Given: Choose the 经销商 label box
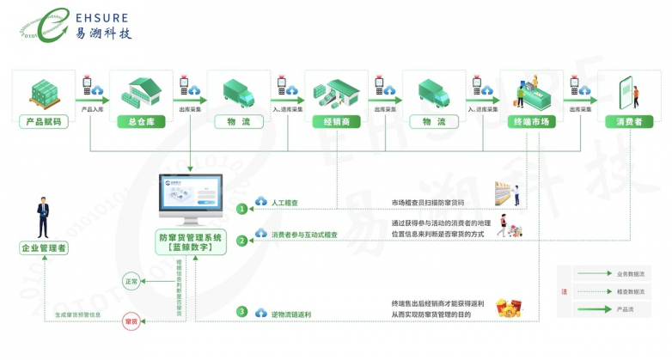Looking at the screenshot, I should pos(335,122).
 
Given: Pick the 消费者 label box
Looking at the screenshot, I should pos(629,122).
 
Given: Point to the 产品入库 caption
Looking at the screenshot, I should pos(93,110).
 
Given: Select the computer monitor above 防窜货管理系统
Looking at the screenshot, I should pos(190,198).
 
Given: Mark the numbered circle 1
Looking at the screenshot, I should pos(242,207).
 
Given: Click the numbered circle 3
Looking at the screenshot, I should pos(242,311).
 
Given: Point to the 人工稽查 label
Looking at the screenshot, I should pos(284,204).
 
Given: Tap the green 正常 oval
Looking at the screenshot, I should pos(131,281).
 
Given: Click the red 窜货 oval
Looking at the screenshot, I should pos(131,320).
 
